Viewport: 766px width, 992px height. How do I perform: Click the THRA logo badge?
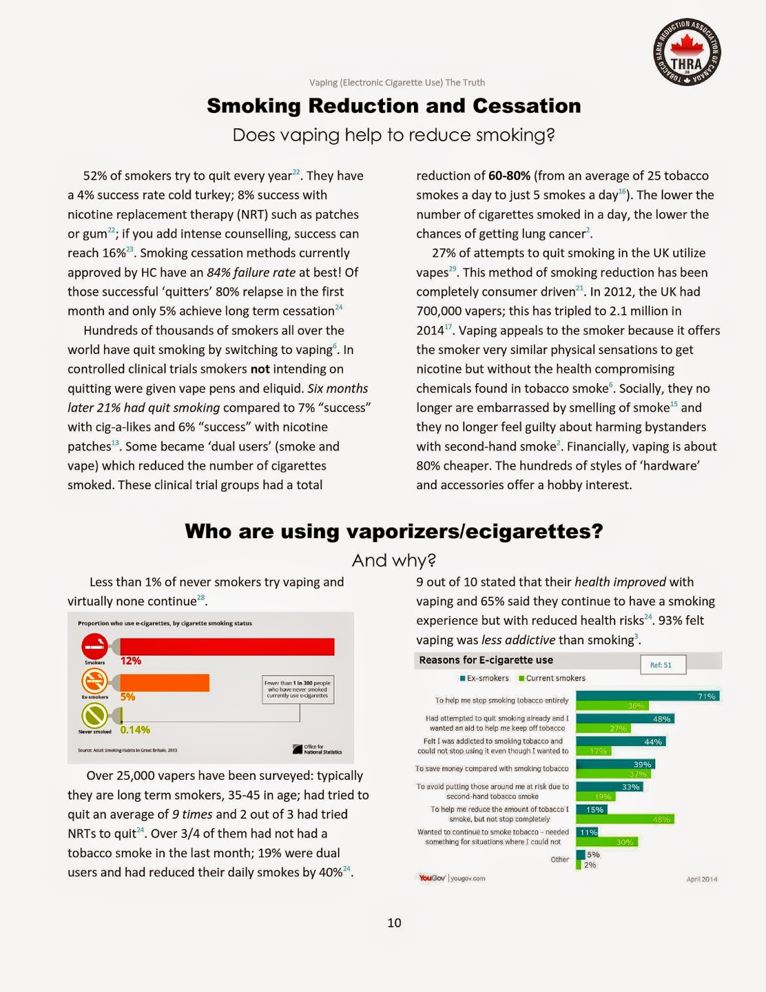pyautogui.click(x=687, y=51)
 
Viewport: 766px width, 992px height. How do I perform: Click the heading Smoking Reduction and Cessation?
pyautogui.click(x=394, y=105)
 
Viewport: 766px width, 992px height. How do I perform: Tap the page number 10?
pyautogui.click(x=394, y=923)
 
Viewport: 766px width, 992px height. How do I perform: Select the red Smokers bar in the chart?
pyautogui.click(x=227, y=647)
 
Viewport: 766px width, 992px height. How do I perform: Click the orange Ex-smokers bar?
pyautogui.click(x=164, y=683)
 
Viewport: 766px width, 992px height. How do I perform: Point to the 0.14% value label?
pyautogui.click(x=135, y=730)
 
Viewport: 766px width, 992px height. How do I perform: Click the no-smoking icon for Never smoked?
pyautogui.click(x=94, y=717)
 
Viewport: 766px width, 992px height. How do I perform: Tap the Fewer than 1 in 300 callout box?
pyautogui.click(x=297, y=689)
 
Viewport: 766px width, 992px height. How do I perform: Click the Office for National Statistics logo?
pyautogui.click(x=317, y=749)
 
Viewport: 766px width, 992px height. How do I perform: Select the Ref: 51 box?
pyautogui.click(x=663, y=665)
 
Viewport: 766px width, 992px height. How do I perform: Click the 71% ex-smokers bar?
pyautogui.click(x=647, y=696)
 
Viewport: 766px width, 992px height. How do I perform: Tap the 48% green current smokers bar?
pyautogui.click(x=625, y=819)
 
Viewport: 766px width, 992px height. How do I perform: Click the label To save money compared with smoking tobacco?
pyautogui.click(x=491, y=769)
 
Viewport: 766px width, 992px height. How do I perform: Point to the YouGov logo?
pyautogui.click(x=432, y=878)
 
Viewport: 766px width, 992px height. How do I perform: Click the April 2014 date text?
pyautogui.click(x=702, y=879)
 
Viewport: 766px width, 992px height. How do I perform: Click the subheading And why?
pyautogui.click(x=394, y=560)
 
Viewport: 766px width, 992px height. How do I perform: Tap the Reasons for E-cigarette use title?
pyautogui.click(x=486, y=660)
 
